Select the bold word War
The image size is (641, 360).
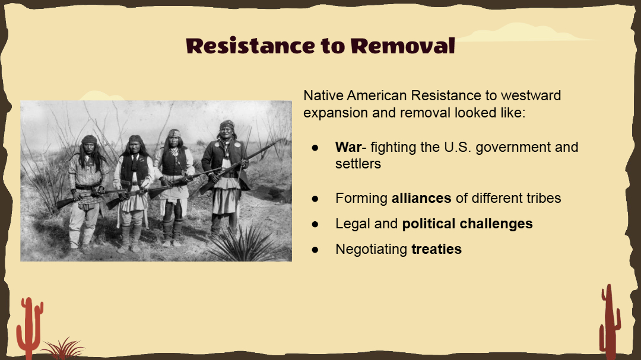tap(348, 147)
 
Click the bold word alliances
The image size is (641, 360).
tap(421, 198)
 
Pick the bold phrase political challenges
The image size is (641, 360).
tap(467, 224)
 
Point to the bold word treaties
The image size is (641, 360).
tap(436, 249)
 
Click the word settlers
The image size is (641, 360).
tap(358, 164)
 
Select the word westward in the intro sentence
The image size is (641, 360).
tap(531, 95)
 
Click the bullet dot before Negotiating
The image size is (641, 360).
tap(315, 250)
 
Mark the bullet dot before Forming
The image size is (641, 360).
tap(315, 199)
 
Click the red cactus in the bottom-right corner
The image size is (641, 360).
tap(610, 323)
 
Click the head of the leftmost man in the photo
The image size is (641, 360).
tap(88, 144)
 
